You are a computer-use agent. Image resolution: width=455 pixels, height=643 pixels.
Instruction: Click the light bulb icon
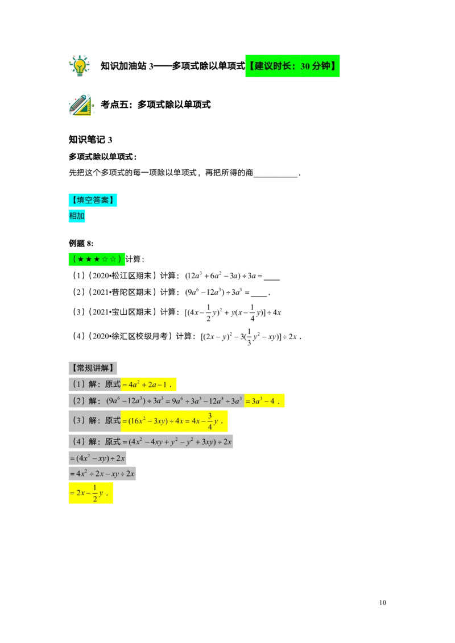coord(80,65)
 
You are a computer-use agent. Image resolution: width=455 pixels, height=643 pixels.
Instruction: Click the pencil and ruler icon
coord(81,106)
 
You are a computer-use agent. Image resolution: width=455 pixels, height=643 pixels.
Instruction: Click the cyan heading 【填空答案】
coord(93,200)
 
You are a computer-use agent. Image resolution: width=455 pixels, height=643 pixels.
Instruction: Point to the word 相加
coord(77,216)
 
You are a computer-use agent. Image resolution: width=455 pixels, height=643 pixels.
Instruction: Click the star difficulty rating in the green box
coord(97,259)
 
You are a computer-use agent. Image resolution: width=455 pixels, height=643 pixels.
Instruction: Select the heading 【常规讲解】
coord(93,368)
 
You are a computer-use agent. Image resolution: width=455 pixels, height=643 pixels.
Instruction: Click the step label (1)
coord(78,384)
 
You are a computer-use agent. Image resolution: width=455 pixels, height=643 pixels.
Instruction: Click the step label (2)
coord(78,401)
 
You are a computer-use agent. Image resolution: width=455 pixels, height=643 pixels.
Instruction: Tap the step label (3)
coord(78,420)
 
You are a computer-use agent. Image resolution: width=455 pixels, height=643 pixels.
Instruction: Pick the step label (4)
coord(78,441)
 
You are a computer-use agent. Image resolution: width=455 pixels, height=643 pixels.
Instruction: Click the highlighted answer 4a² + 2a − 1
coord(149,384)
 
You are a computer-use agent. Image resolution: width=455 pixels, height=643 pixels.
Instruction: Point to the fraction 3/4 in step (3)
coord(210,421)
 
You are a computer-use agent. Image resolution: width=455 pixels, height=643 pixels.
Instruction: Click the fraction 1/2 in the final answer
coord(94,494)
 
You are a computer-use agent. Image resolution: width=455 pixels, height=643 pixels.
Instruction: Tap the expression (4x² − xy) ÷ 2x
coord(97,458)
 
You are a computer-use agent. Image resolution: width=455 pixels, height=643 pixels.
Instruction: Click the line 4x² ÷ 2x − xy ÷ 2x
coord(102,473)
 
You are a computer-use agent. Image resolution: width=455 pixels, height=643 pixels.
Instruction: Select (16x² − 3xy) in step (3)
coord(148,421)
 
